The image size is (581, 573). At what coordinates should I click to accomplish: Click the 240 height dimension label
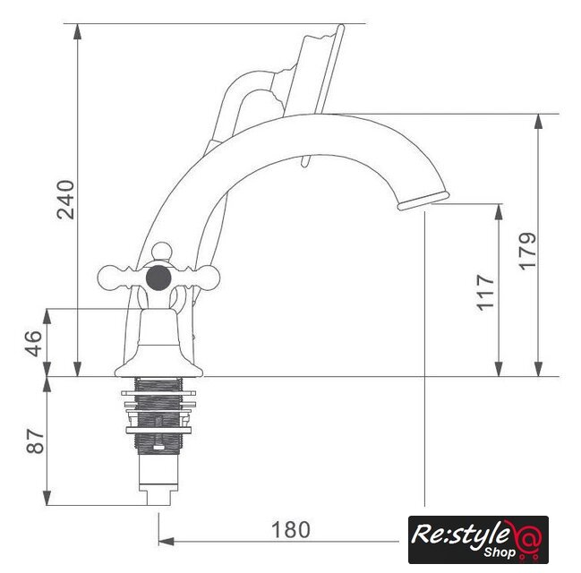66,200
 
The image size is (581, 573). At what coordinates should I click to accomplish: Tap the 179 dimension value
526,252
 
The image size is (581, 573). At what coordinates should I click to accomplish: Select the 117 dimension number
485,293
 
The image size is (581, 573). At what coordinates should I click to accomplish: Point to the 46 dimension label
34,344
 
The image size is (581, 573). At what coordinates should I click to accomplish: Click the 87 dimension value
35,441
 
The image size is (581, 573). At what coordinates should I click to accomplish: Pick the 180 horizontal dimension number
290,530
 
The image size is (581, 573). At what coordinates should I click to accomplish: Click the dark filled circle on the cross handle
158,278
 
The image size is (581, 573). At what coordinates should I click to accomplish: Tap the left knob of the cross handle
110,278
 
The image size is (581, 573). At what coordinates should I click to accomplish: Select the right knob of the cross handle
208,278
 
